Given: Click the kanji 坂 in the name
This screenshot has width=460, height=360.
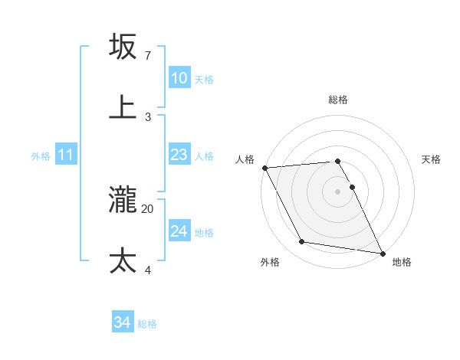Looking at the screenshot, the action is point(123,47).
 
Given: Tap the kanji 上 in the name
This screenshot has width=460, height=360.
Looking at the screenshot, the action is point(123,106).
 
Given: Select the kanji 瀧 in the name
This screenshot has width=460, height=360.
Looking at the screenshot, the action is point(123,201).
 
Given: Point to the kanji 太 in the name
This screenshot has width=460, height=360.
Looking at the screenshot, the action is point(123,261).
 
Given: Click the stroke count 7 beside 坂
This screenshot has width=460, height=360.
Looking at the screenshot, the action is point(147,56).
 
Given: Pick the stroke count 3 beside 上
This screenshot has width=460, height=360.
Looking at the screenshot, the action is point(147,116).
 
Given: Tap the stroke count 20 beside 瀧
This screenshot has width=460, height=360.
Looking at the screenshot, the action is point(148,208).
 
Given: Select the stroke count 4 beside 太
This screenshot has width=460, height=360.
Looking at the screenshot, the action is point(147,270).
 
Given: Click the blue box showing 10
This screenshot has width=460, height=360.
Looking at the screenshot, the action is point(179,78).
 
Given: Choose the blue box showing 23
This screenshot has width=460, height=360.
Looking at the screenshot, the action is point(179,155).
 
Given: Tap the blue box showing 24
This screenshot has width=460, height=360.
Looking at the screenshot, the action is point(179,231).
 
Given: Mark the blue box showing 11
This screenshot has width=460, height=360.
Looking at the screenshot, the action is point(65,155).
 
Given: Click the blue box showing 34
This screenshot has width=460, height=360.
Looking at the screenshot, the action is point(122,323).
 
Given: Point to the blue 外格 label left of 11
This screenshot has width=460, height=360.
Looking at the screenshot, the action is point(41,156).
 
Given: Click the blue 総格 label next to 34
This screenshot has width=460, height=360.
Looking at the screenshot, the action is point(147,324).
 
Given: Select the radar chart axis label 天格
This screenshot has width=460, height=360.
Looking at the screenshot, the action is point(432,159).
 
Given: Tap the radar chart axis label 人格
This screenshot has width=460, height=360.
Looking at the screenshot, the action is point(245,159).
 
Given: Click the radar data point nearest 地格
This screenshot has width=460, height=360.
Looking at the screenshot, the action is point(382,252).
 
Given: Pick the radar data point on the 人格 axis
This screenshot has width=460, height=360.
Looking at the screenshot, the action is point(264,168).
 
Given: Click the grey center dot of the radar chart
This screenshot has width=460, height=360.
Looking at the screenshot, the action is point(337,191).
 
